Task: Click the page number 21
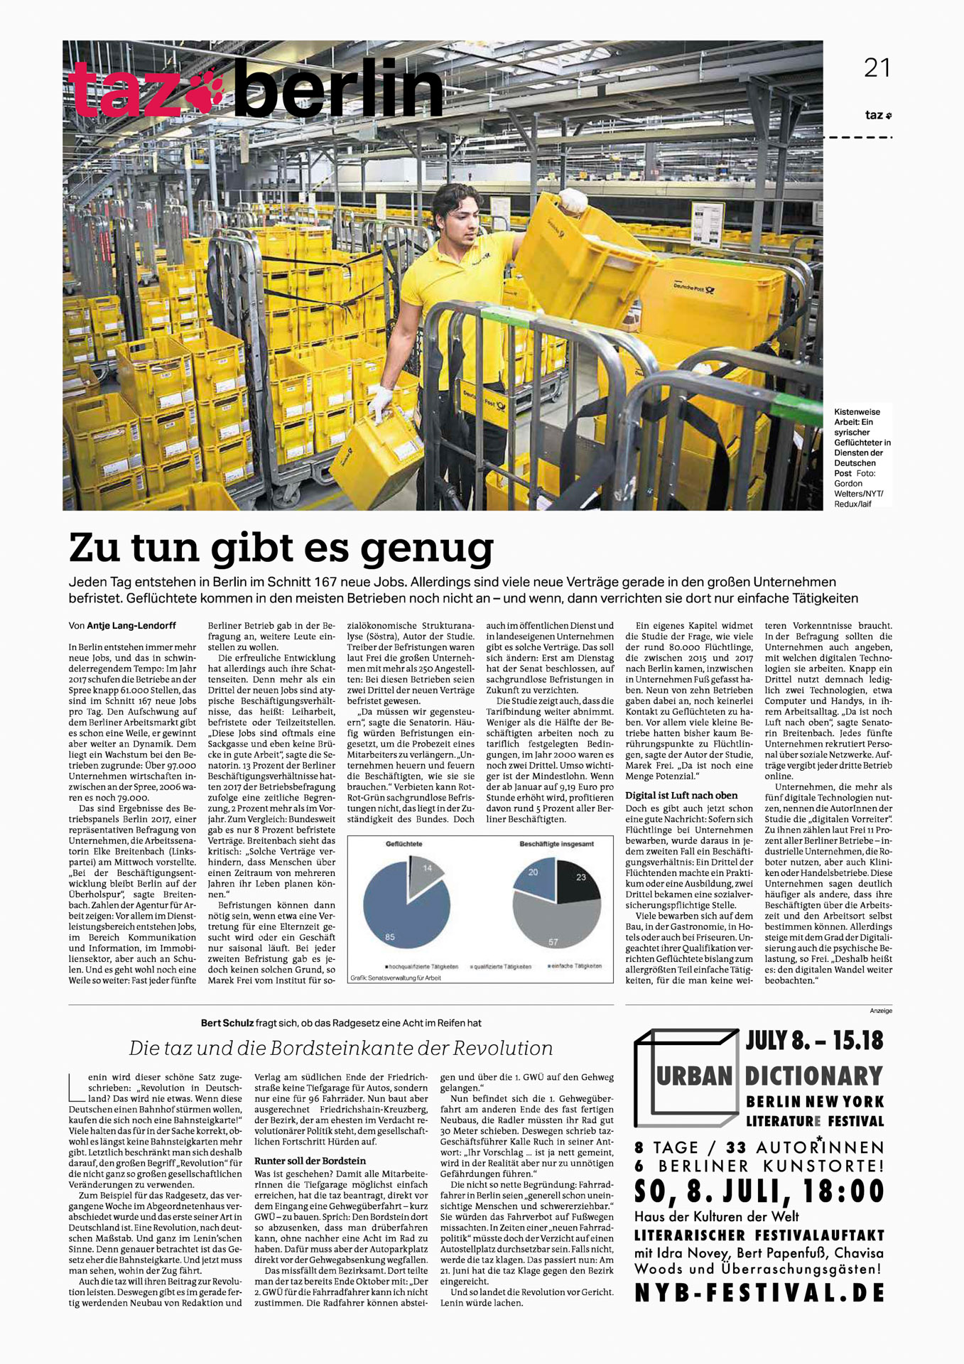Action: click(877, 68)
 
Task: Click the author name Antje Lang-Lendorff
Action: click(131, 626)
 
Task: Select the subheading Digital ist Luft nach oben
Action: click(681, 795)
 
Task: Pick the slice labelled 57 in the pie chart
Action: click(554, 924)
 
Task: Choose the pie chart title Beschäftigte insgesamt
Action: click(556, 844)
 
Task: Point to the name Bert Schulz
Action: click(227, 1023)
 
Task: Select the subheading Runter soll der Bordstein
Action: click(310, 1161)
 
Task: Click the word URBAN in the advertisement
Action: click(694, 1076)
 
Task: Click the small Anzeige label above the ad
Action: click(881, 1010)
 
